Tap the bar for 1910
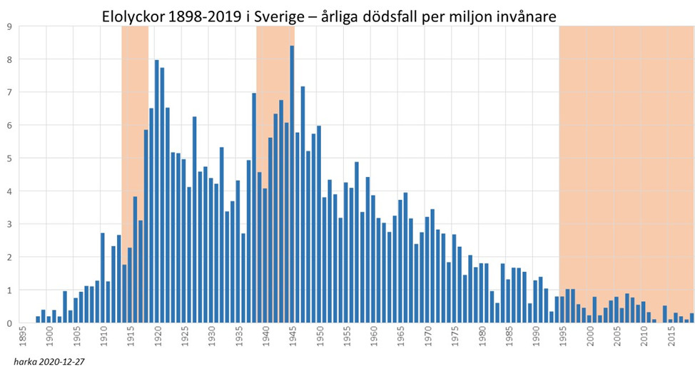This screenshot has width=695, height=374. click(103, 278)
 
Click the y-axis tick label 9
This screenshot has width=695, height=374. click(8, 27)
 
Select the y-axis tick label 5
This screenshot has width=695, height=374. click(8, 158)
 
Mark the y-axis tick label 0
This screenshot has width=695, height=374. click(8, 323)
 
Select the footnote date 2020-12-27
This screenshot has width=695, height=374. click(62, 363)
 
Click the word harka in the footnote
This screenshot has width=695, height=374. click(25, 363)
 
